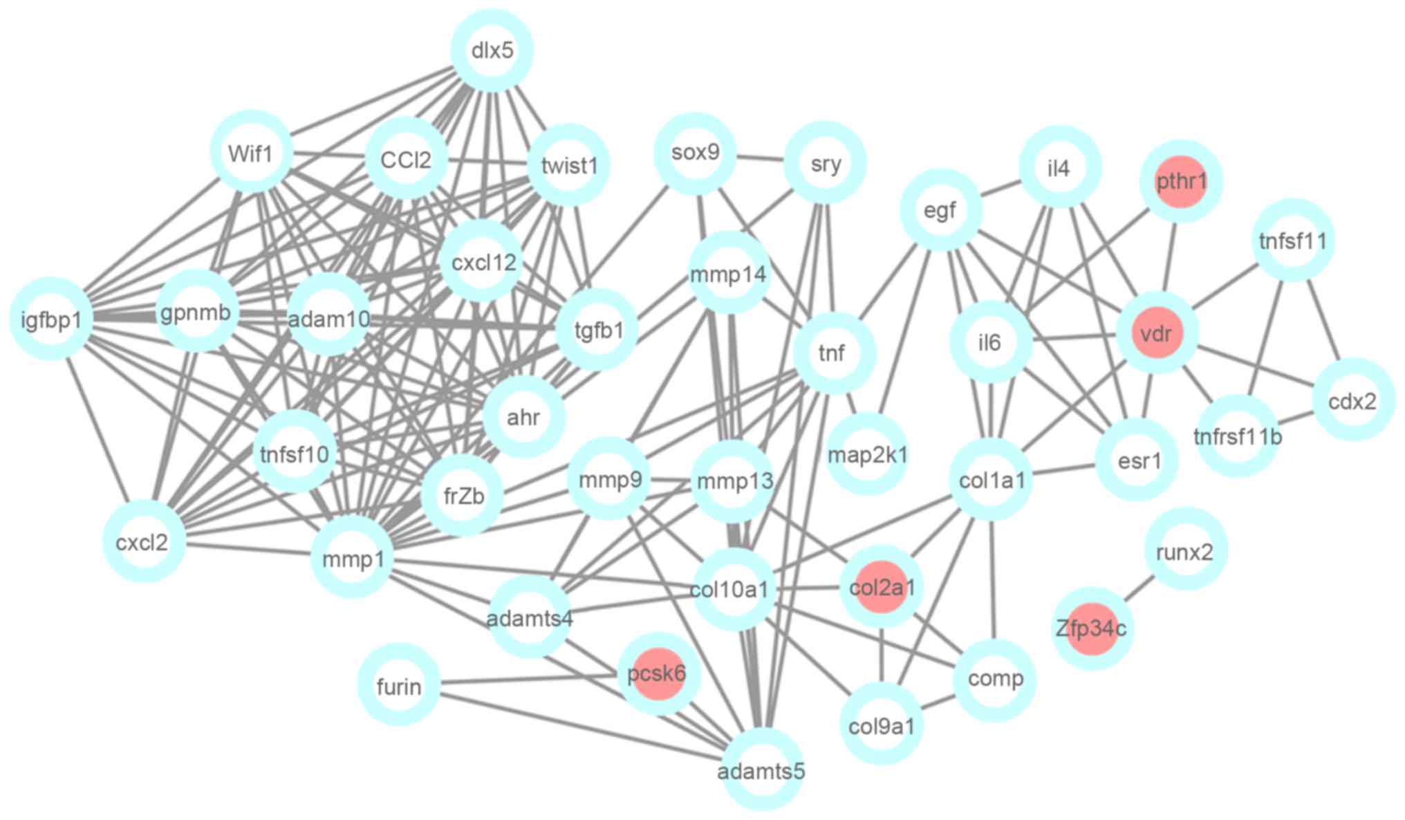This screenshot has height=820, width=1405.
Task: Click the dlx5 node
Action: pos(492,50)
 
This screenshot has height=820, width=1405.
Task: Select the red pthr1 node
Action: pos(1181,182)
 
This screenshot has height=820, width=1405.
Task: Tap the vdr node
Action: pos(1156,334)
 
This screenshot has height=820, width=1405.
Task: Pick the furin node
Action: pos(399,685)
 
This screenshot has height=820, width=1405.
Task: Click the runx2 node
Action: pos(1185,551)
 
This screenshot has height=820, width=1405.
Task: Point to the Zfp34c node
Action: pos(1092,628)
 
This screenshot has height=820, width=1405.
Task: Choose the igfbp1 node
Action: pos(51,319)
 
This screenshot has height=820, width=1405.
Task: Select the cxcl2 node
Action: pos(143,541)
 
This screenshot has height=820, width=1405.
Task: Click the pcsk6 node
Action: pos(658,674)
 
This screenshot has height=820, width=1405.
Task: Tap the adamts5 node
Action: pos(762,770)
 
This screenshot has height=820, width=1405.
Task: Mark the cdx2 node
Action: pos(1352,400)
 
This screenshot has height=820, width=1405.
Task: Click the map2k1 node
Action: pos(867,454)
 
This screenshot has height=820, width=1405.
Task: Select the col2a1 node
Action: pos(881,588)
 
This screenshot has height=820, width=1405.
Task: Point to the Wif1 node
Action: pos(250,153)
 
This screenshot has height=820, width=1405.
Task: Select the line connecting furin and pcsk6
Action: pos(529,680)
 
